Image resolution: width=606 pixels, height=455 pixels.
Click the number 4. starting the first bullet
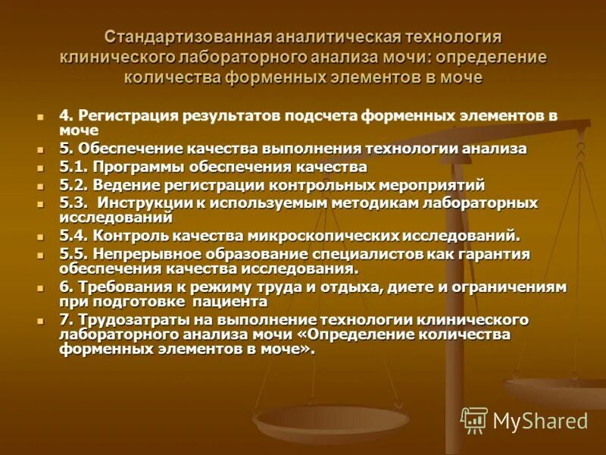click(66, 116)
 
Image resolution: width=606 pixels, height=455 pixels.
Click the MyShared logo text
click(540, 420)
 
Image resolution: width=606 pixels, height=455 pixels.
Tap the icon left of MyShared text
click(474, 419)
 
